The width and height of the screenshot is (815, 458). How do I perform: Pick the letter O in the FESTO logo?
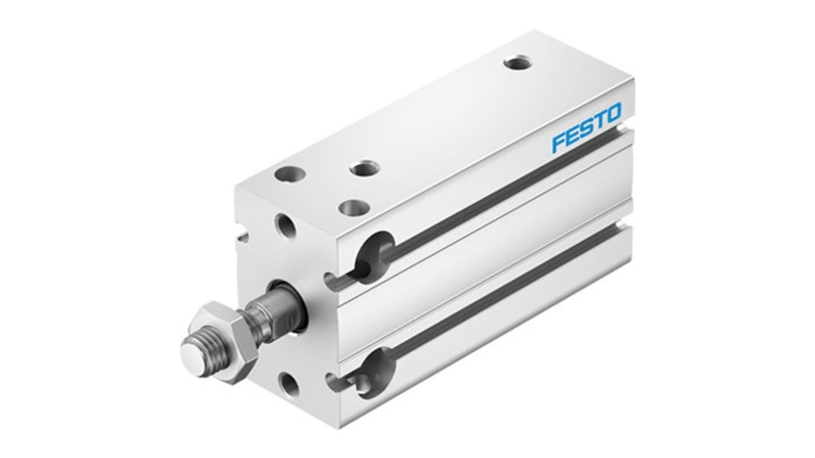pyautogui.click(x=614, y=112)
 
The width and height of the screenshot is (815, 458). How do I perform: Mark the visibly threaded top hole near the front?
pyautogui.click(x=365, y=169)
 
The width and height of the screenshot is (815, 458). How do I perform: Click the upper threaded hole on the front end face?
pyautogui.click(x=285, y=226)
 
